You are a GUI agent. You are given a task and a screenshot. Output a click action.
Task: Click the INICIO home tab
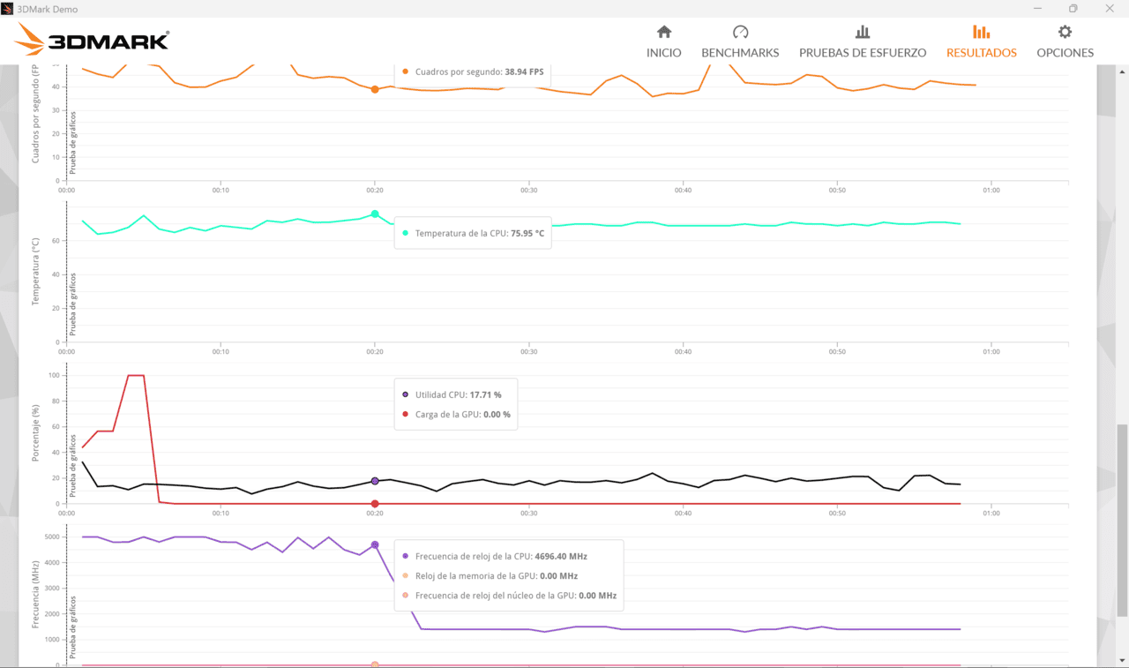point(664,41)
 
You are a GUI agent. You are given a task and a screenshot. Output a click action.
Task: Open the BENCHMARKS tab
point(740,41)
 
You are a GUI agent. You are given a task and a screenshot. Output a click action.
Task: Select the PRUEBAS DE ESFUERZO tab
point(863,41)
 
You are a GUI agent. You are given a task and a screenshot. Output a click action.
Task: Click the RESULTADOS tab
point(982,41)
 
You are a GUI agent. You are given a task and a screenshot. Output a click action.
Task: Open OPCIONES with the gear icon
point(1065,41)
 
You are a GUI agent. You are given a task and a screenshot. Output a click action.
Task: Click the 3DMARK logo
point(92,40)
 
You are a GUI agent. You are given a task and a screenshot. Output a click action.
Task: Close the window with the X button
point(1110,9)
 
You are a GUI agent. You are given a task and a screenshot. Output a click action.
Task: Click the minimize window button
point(1037,9)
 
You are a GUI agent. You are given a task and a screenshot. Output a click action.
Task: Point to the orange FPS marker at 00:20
point(375,90)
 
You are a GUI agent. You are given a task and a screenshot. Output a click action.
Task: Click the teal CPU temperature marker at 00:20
point(375,214)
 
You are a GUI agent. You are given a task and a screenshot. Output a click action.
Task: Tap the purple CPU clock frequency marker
point(375,545)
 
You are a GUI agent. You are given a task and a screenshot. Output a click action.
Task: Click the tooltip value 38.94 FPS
point(524,71)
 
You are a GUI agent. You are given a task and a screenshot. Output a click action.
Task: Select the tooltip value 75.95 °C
point(527,233)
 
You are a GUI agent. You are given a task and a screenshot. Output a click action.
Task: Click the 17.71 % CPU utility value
point(485,394)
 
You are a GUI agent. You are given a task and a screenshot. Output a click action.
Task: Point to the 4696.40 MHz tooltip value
point(561,556)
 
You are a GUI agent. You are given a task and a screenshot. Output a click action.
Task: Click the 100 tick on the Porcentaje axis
point(54,375)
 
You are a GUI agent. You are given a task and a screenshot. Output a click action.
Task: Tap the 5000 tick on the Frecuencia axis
point(52,537)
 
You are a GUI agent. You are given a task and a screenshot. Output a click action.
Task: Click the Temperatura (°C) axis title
point(35,272)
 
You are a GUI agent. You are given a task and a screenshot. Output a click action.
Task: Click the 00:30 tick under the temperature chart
point(528,351)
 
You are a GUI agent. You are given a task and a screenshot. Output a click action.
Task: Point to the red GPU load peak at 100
point(136,375)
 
